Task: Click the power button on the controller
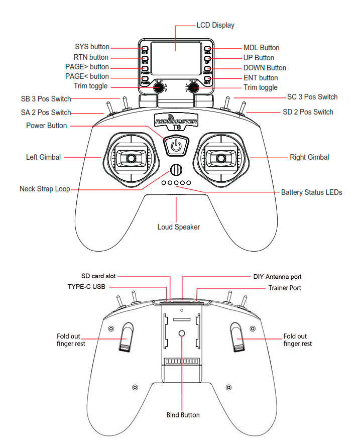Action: tap(176, 146)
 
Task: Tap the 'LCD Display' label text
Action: tap(215, 26)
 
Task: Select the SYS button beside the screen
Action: tap(145, 49)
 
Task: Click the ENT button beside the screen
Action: tap(207, 78)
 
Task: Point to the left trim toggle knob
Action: tap(159, 87)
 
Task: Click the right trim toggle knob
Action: tap(193, 87)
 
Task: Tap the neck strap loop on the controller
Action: tap(176, 170)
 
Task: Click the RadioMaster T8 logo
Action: tap(176, 122)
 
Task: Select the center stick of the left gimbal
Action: tap(131, 158)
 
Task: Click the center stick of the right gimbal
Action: tap(220, 158)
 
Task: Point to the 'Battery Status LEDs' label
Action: tap(311, 192)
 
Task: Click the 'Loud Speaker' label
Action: tap(179, 227)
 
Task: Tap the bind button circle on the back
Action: tap(182, 333)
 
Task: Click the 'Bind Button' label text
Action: tap(183, 415)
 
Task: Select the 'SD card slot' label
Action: tap(98, 276)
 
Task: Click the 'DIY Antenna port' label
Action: tap(277, 277)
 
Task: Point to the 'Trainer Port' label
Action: tap(285, 288)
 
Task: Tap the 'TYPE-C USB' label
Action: tap(86, 286)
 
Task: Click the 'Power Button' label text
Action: tap(47, 126)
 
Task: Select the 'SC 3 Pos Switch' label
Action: tap(312, 97)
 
